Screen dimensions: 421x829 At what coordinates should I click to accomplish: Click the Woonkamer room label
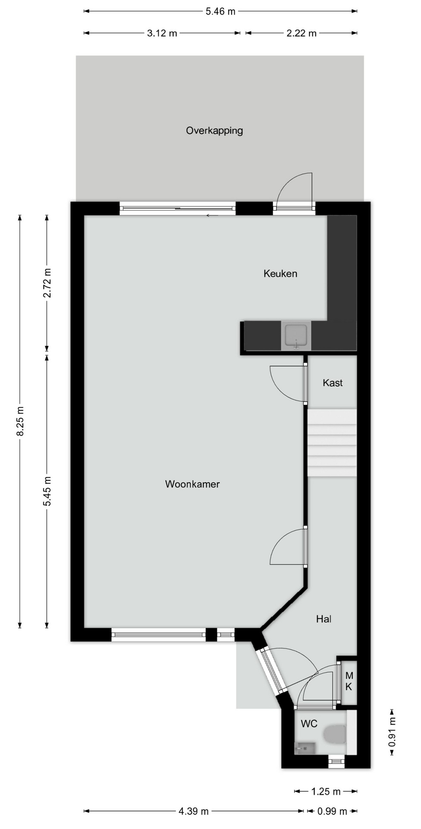click(x=192, y=484)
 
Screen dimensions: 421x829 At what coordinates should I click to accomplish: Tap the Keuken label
click(x=280, y=273)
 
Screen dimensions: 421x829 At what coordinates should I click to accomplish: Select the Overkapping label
click(x=214, y=130)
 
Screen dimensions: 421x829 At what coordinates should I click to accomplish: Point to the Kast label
click(x=333, y=383)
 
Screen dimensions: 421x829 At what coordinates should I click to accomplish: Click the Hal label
click(x=324, y=619)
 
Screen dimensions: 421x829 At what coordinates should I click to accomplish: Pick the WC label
click(x=309, y=724)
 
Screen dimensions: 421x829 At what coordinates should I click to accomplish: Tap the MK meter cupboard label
click(x=349, y=681)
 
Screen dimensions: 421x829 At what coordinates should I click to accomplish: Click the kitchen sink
click(x=296, y=336)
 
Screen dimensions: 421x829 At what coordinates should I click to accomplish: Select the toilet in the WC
click(x=335, y=734)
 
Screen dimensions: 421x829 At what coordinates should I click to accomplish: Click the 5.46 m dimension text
click(x=220, y=12)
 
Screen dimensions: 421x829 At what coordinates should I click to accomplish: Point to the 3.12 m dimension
click(x=162, y=33)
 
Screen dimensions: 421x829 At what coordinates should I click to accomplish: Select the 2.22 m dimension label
click(x=302, y=33)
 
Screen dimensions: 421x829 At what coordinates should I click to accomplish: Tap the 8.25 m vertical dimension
click(x=20, y=421)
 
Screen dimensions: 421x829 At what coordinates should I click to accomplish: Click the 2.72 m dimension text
click(x=47, y=283)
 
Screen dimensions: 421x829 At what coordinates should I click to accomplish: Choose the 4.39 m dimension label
click(x=194, y=811)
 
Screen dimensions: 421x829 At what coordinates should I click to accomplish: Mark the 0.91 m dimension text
click(x=392, y=732)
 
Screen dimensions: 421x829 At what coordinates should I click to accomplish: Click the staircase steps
click(x=332, y=443)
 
